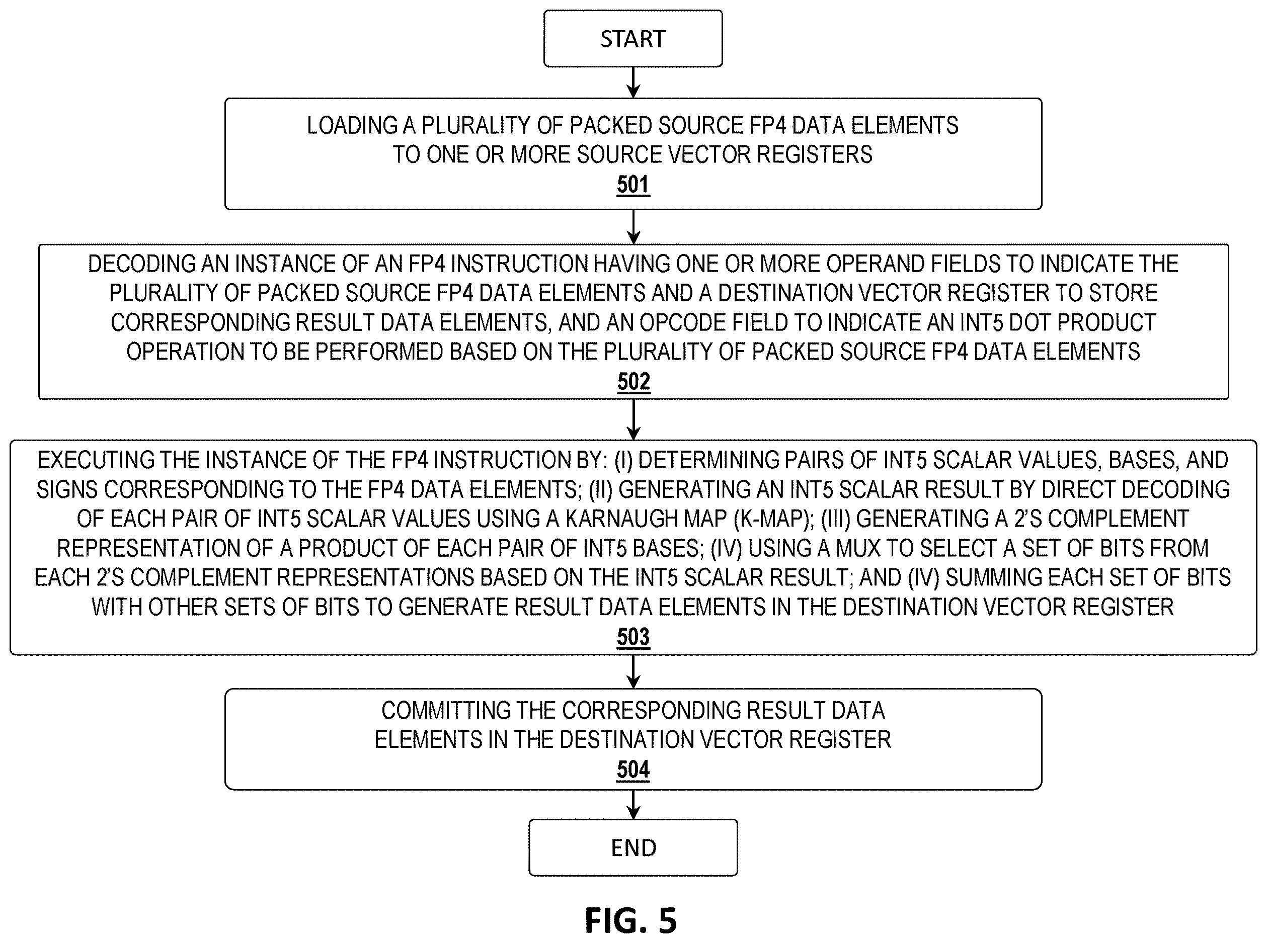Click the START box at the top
click(x=632, y=38)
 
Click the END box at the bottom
click(x=633, y=847)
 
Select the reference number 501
click(x=633, y=185)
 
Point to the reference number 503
click(x=633, y=637)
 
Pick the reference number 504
click(x=633, y=769)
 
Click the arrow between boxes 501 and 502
click(x=633, y=227)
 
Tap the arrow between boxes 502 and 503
click(x=633, y=419)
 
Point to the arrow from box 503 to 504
click(x=633, y=672)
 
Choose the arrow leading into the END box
click(x=633, y=805)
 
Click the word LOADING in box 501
click(x=352, y=125)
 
